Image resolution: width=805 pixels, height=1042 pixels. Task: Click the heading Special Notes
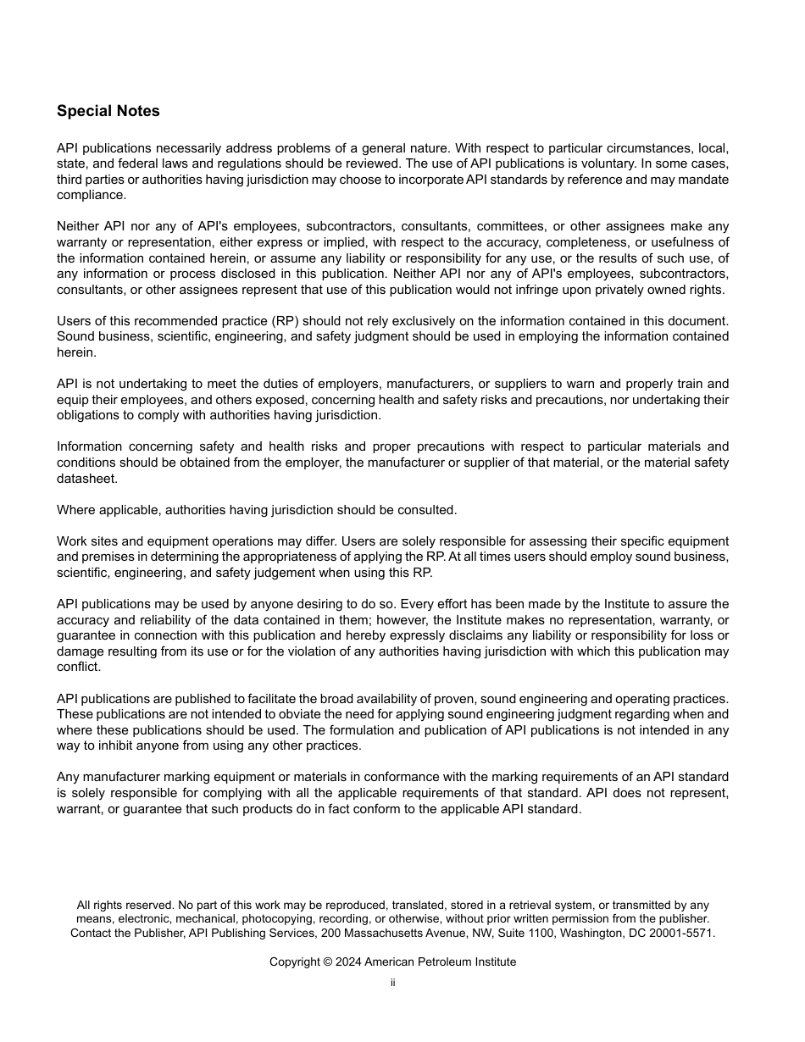pyautogui.click(x=108, y=111)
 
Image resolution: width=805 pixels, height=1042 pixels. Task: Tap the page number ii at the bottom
pyautogui.click(x=392, y=983)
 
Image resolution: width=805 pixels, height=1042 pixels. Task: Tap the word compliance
pyautogui.click(x=90, y=195)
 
